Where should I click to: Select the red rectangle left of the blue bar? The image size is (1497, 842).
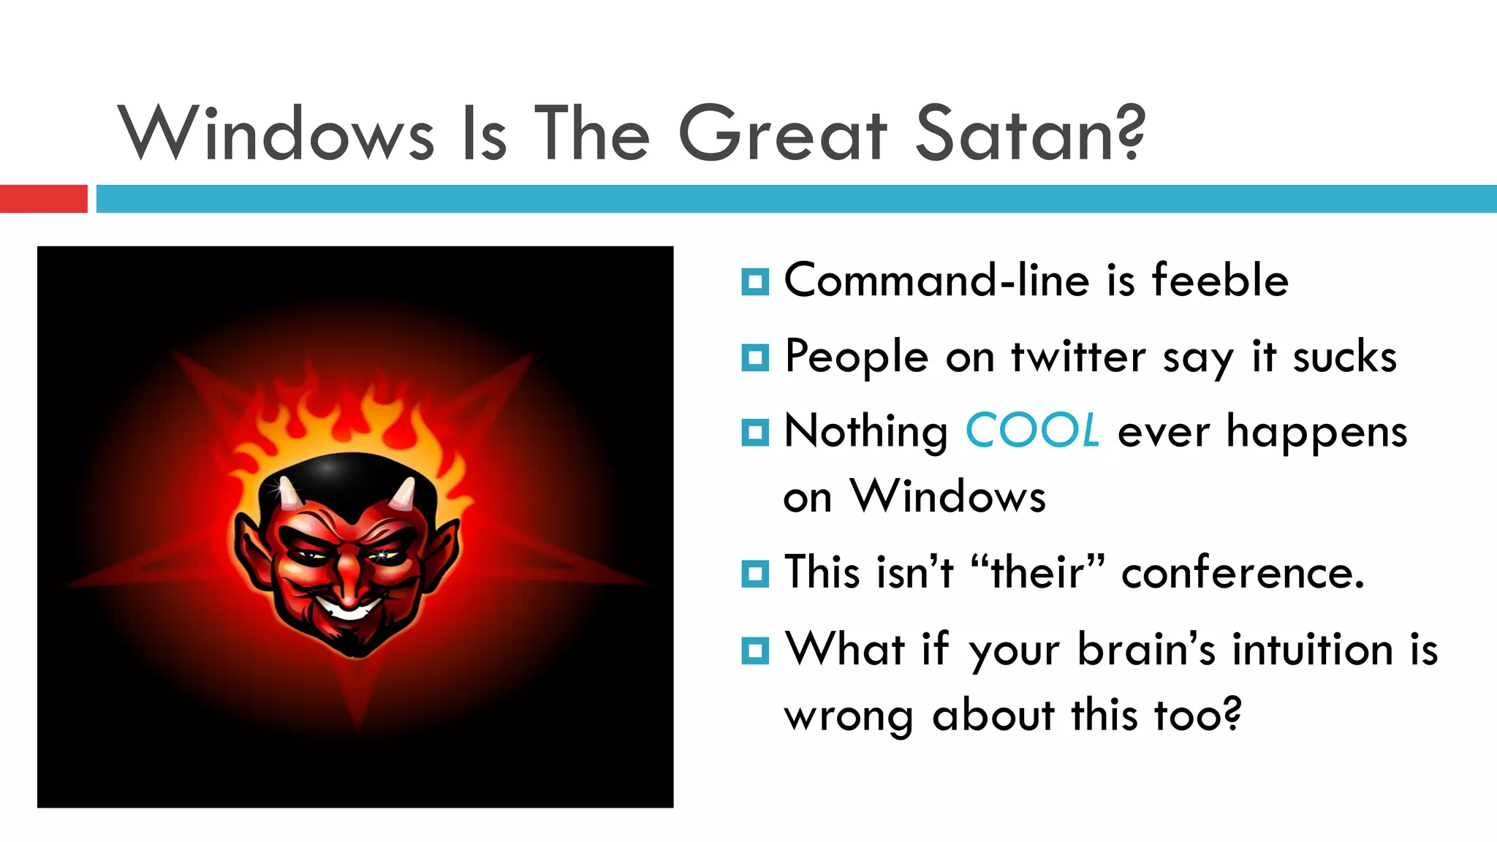point(43,199)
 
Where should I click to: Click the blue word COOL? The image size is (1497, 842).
point(1031,431)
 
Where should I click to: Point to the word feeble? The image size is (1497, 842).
point(1220,280)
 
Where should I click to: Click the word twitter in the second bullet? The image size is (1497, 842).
point(1078,357)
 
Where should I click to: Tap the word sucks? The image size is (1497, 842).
point(1344,357)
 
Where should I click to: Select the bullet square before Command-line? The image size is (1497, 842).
point(754,281)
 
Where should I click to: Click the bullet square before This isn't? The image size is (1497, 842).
point(754,574)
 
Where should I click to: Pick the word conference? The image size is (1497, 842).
point(1242,572)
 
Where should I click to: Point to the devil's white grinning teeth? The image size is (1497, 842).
point(349,609)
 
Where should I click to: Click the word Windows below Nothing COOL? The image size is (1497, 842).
point(948,497)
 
